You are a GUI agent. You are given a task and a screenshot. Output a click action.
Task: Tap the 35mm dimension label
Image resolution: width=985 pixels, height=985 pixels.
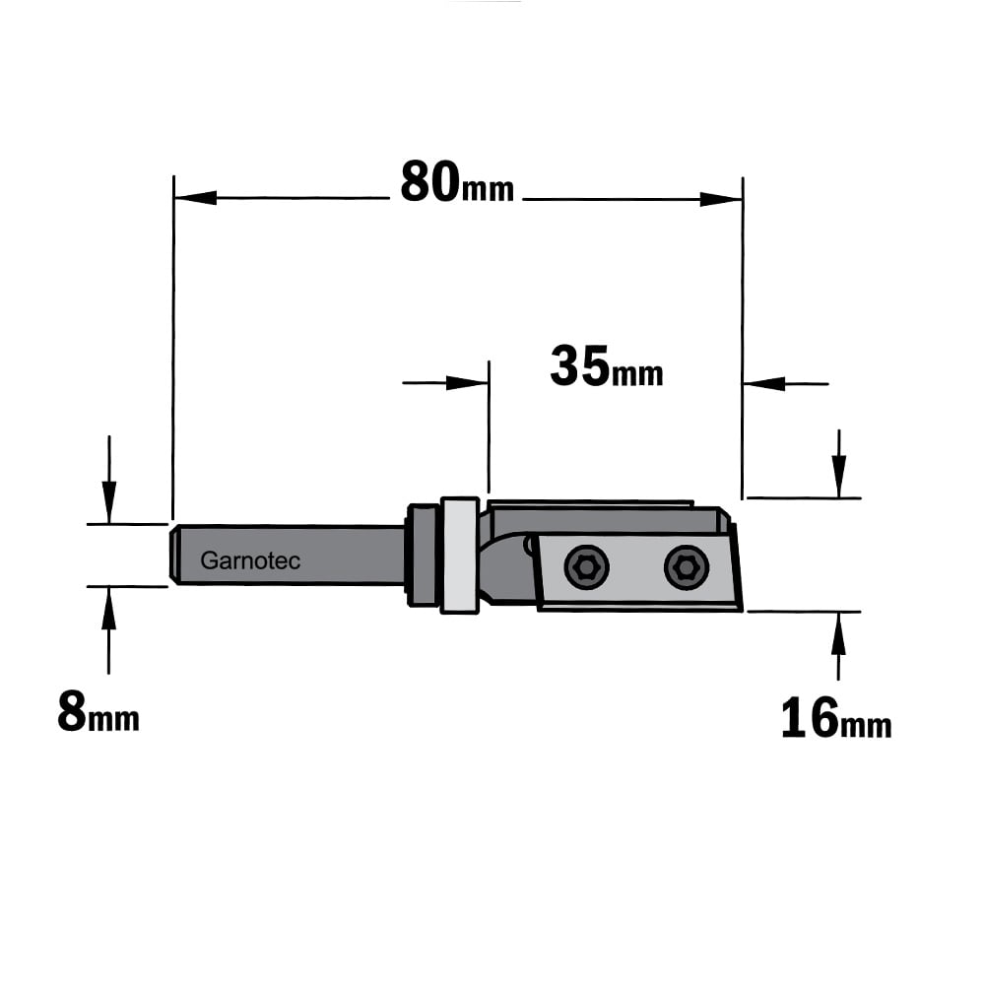pyautogui.click(x=606, y=366)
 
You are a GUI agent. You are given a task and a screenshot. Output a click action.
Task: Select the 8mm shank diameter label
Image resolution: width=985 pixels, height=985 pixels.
pyautogui.click(x=98, y=711)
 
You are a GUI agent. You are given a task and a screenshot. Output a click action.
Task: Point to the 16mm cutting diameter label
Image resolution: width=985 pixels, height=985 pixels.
pyautogui.click(x=836, y=718)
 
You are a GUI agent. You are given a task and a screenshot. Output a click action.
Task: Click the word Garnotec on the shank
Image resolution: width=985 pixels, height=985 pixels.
pyautogui.click(x=250, y=560)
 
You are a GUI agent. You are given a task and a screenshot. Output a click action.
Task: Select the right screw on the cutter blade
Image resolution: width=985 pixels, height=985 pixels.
pyautogui.click(x=687, y=567)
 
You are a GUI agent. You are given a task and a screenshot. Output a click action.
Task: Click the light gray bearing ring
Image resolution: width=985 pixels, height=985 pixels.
pyautogui.click(x=460, y=556)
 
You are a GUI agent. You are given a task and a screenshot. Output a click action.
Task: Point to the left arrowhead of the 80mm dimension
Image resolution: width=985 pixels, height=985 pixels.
pyautogui.click(x=195, y=198)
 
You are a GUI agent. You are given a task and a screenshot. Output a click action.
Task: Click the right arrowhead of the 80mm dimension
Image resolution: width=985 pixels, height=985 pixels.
pyautogui.click(x=721, y=200)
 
